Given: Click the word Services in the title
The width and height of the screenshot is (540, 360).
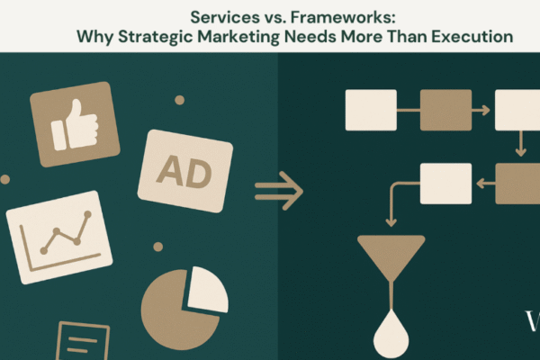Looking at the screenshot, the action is pos(225,17).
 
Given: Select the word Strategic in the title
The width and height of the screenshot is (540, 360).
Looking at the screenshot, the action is pos(156,37).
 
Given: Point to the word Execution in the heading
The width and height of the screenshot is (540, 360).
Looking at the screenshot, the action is pos(472,36).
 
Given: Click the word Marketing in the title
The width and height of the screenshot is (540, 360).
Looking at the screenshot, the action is pos(238,37).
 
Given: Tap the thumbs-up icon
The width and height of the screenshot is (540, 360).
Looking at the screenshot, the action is pos(75,125).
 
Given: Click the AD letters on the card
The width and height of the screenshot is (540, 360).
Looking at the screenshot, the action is pos(184,172).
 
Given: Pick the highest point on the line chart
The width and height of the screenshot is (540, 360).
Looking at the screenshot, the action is pos(88,214).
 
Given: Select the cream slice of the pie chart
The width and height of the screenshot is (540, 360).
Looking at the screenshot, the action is pos(208,290).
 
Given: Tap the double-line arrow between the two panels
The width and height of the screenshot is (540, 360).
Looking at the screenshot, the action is pos(279,191).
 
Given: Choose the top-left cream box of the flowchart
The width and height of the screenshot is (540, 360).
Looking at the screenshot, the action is pos(371,110).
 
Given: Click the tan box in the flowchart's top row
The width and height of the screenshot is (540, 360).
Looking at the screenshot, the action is pos(446,110).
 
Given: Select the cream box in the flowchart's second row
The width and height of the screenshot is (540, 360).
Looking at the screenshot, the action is pos(446,184).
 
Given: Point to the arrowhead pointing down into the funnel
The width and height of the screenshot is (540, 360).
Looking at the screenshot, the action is pos(391,222).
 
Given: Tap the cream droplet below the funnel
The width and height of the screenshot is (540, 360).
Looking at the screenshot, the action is pos(391,336).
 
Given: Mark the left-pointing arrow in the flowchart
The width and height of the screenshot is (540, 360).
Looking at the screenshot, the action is pos(486,184).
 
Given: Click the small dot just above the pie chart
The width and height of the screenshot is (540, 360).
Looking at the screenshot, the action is pos(158,247).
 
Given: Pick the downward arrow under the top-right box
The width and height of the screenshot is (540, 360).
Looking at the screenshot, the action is pos(521,144).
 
